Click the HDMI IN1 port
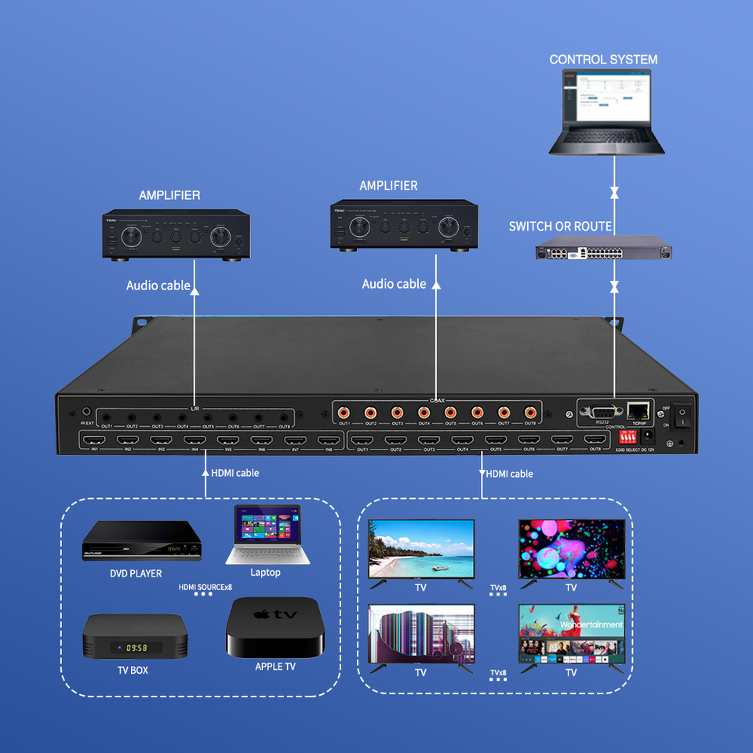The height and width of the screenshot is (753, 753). pos(93,440)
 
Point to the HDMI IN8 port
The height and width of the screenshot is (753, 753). pos(329,440)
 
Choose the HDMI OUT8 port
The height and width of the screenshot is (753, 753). pos(595,440)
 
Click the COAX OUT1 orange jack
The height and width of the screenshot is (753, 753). pos(344,412)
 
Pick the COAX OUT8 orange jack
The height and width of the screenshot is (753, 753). pos(530,412)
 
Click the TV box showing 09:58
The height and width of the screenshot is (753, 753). pos(135,636)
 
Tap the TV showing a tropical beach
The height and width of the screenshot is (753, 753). pos(421,550)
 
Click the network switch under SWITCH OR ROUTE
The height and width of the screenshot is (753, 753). pos(603,253)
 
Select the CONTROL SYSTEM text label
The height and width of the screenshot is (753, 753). pos(603,60)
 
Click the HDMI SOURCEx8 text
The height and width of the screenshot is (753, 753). pos(206,586)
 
